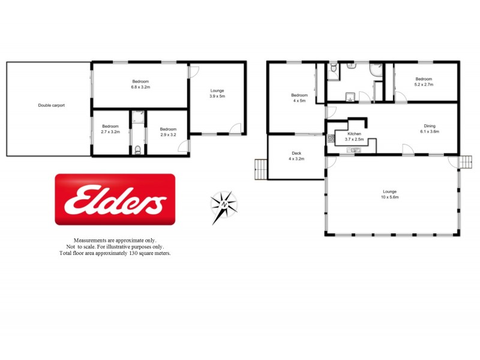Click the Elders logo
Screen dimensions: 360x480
[115, 200]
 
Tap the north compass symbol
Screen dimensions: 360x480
[224, 206]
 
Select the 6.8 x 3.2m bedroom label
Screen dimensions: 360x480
[140, 84]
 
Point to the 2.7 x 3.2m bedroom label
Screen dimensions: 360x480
[110, 128]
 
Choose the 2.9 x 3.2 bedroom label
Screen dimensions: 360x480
[168, 131]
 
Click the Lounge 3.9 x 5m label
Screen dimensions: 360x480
[217, 93]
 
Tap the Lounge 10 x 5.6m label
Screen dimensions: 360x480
[391, 194]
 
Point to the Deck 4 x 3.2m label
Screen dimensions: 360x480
[296, 156]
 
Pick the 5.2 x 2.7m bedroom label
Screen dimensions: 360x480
[424, 82]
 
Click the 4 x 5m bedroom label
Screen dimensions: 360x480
[299, 98]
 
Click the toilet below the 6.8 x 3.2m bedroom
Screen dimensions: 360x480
[138, 149]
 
